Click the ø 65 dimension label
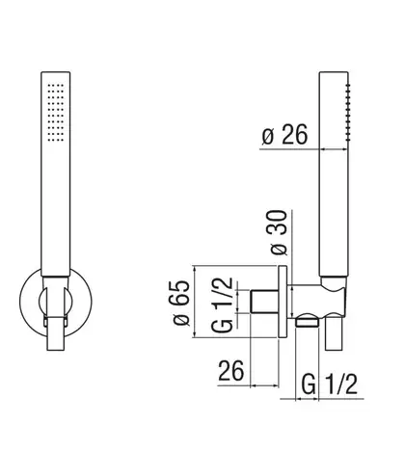pyautogui.click(x=181, y=304)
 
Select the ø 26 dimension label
pyautogui.click(x=284, y=135)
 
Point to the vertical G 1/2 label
pyautogui.click(x=222, y=304)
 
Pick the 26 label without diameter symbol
pyautogui.click(x=231, y=371)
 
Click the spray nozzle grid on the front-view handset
pyautogui.click(x=56, y=113)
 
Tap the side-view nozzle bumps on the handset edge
pyautogui.click(x=348, y=112)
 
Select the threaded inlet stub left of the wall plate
pyautogui.click(x=264, y=302)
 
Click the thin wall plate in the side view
pyautogui.click(x=283, y=302)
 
